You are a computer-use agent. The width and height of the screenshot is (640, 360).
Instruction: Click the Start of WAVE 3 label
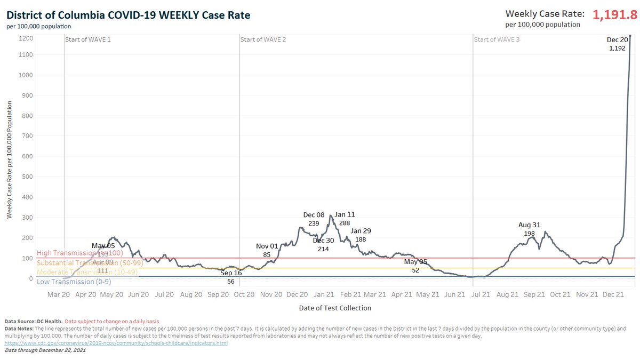tap(497, 39)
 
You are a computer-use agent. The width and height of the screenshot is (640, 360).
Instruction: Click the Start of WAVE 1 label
tap(87, 39)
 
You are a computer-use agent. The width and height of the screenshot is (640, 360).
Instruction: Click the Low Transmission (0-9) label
tap(74, 282)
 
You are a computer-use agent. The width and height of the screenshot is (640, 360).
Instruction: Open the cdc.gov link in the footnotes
tap(116, 343)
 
